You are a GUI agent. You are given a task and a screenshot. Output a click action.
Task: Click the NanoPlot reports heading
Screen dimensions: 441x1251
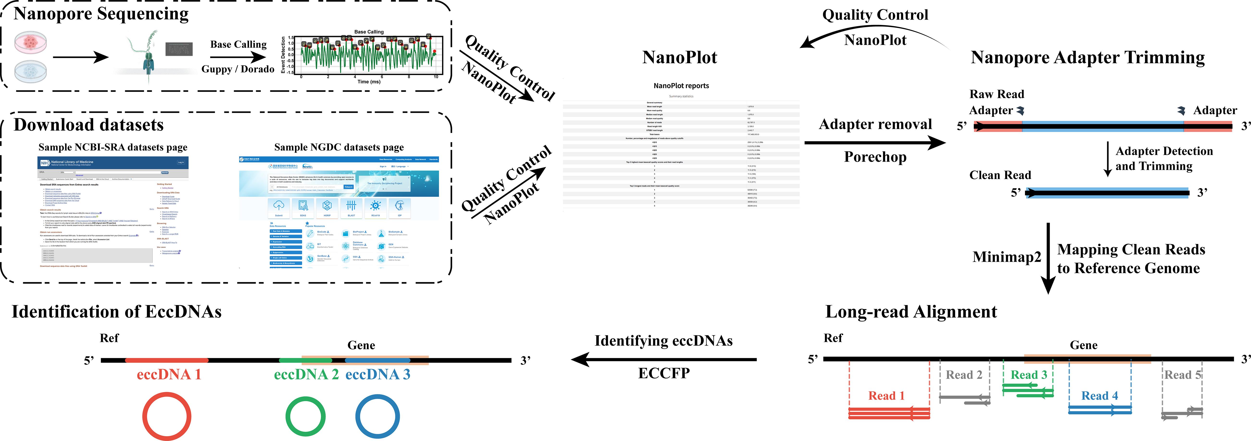pos(681,86)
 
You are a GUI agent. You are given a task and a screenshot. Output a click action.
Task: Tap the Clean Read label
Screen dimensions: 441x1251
pos(1000,175)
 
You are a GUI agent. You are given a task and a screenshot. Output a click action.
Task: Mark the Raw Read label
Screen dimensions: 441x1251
pos(996,94)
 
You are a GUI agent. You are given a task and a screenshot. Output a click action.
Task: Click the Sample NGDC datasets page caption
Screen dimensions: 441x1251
pos(338,148)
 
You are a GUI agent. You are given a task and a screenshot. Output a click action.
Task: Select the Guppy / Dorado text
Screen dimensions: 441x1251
pos(238,69)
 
